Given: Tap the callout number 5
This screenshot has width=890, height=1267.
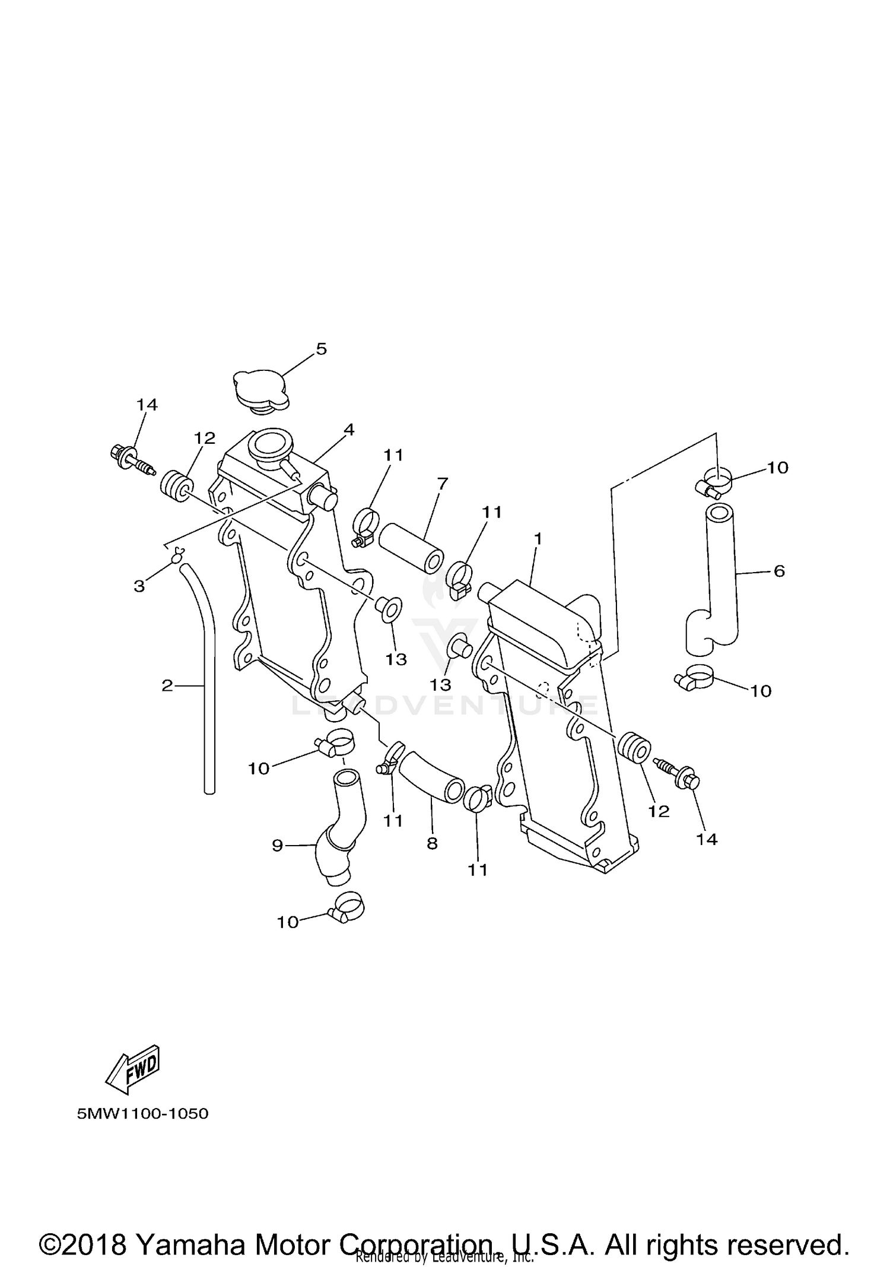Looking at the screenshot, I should point(321,349).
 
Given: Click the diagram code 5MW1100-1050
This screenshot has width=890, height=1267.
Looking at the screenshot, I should point(142,1113).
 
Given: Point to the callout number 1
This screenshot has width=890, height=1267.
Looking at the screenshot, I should point(538,539).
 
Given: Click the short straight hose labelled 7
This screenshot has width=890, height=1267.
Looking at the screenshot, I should point(411,547).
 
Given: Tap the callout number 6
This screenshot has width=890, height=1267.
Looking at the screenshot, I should point(779,571).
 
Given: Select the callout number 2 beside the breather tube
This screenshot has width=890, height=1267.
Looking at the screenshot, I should point(167,685).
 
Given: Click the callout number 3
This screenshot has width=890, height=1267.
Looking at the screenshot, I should point(139,586).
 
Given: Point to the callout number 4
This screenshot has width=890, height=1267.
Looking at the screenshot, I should point(349,430).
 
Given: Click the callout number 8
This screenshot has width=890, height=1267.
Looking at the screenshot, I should point(432,843).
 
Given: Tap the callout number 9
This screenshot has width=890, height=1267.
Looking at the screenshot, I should point(278,846).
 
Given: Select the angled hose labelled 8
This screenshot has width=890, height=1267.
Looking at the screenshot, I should point(432,777).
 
